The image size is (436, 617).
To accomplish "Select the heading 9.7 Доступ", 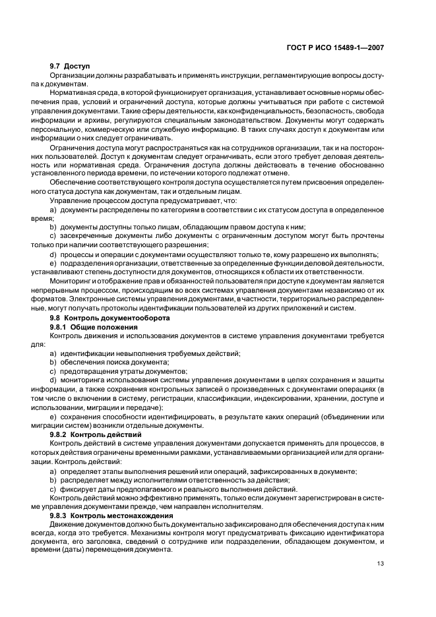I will [x=69, y=67].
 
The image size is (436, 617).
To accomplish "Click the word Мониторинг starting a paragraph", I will [x=71, y=280].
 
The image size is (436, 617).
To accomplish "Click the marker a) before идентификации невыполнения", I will [x=53, y=353].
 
